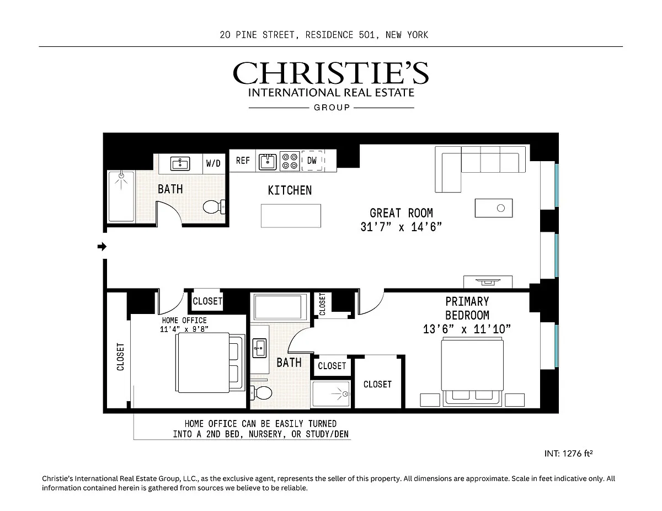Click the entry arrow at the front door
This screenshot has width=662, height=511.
(x=102, y=246)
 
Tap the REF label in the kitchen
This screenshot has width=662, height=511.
(x=243, y=161)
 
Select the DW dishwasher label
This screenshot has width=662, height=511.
(x=312, y=161)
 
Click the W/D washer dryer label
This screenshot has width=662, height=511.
(x=213, y=163)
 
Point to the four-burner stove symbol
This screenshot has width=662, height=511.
(x=290, y=161)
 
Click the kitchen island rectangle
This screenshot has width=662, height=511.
(x=291, y=216)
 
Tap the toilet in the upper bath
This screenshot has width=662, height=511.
(x=214, y=207)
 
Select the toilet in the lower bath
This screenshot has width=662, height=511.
(x=261, y=392)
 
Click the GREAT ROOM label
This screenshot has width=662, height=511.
(x=401, y=213)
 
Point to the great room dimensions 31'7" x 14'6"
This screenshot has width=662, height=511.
(x=401, y=227)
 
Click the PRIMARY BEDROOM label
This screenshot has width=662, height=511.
(x=467, y=308)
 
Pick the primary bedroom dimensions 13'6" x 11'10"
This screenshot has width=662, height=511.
(x=467, y=329)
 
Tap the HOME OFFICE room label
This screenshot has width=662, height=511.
(x=184, y=320)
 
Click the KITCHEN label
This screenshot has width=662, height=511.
(x=290, y=190)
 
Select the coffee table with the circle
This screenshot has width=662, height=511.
(x=494, y=208)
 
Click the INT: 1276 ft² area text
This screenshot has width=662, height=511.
(x=568, y=454)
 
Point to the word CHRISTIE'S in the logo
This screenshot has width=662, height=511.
(x=331, y=73)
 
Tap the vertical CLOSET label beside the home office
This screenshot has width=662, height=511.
(x=121, y=357)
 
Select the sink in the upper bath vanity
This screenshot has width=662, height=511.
(x=180, y=164)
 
